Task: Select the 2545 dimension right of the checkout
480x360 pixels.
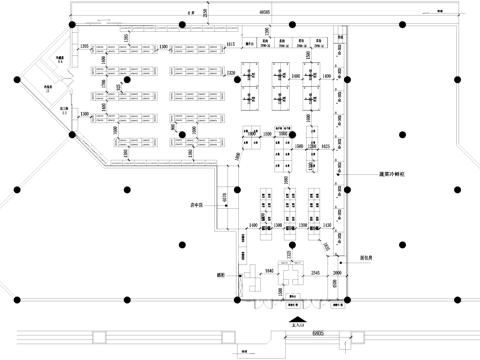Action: [315, 270]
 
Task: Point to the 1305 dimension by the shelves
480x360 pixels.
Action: [85, 47]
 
